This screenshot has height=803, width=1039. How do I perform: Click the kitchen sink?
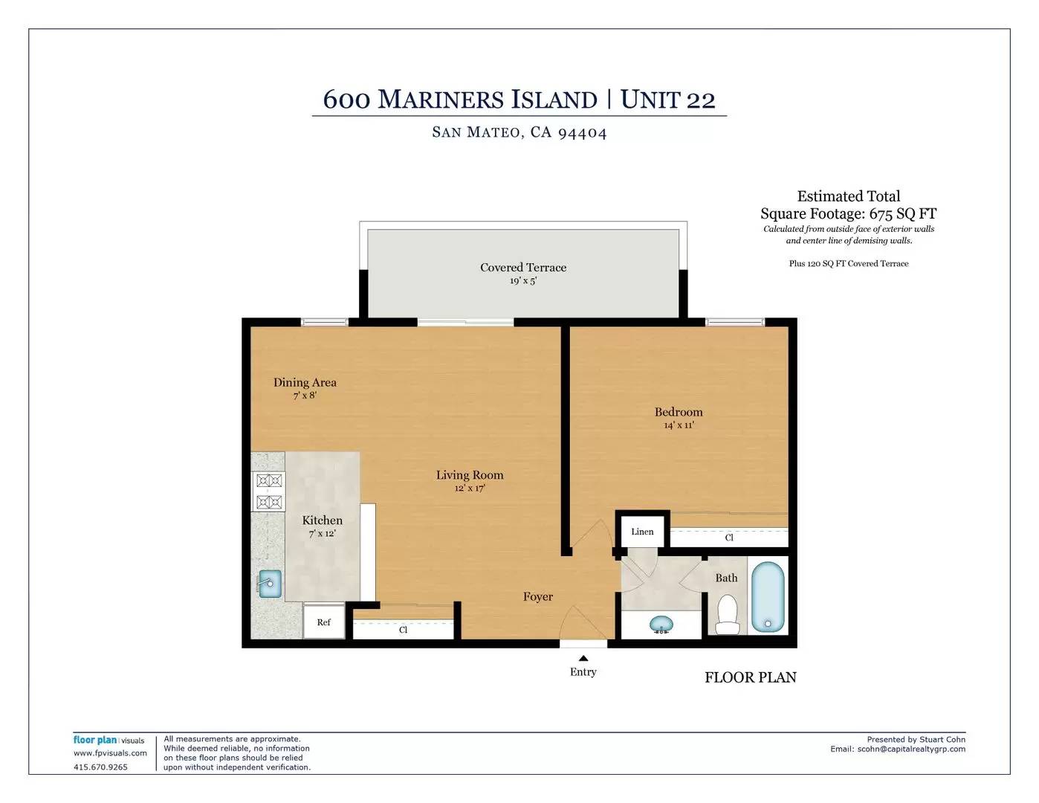pyautogui.click(x=270, y=584)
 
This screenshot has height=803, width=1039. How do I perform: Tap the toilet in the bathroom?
pyautogui.click(x=728, y=614)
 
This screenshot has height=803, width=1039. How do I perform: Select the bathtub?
pyautogui.click(x=768, y=597)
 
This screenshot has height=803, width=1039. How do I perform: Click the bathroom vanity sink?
pyautogui.click(x=661, y=625)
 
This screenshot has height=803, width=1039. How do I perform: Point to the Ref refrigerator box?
pyautogui.click(x=324, y=622)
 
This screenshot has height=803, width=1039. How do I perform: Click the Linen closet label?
pyautogui.click(x=642, y=532)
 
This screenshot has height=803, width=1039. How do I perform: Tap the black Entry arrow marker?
pyautogui.click(x=583, y=658)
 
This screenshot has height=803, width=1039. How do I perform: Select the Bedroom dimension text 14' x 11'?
pyautogui.click(x=679, y=425)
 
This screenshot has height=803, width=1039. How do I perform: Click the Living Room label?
pyautogui.click(x=470, y=475)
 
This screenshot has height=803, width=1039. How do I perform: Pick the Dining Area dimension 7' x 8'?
pyautogui.click(x=305, y=396)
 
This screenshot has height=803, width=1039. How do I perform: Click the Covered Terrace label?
pyautogui.click(x=523, y=268)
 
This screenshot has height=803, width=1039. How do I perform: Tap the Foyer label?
pyautogui.click(x=538, y=596)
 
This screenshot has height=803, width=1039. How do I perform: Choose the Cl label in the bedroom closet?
pyautogui.click(x=729, y=538)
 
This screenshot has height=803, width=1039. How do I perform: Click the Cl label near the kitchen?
pyautogui.click(x=403, y=630)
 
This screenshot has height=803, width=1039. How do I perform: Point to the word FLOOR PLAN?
pyautogui.click(x=751, y=677)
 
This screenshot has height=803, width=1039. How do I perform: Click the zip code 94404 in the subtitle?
pyautogui.click(x=583, y=132)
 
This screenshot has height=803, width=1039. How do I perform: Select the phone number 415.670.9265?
pyautogui.click(x=100, y=767)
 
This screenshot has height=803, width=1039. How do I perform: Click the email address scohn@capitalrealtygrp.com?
pyautogui.click(x=911, y=749)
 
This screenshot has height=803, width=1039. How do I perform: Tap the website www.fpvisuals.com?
pyautogui.click(x=110, y=753)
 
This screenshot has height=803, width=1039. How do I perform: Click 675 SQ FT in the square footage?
pyautogui.click(x=903, y=213)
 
